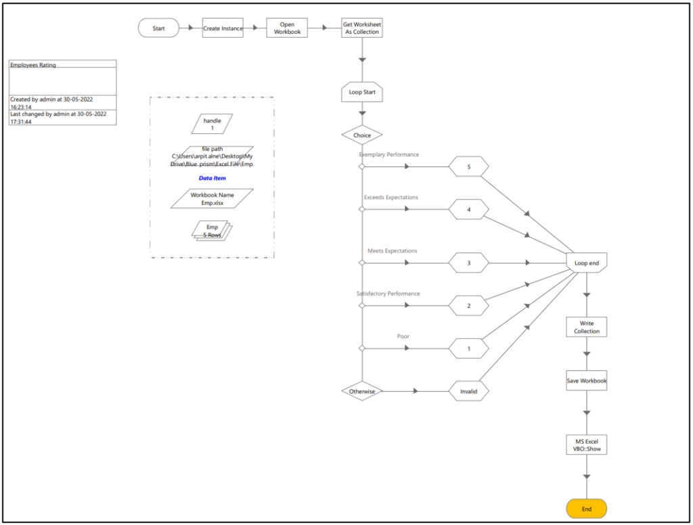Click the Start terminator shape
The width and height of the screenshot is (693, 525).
(x=158, y=28)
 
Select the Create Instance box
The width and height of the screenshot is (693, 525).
(x=223, y=28)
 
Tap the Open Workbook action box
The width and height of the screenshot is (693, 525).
(x=287, y=28)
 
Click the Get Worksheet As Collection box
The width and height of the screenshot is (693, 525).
(x=362, y=28)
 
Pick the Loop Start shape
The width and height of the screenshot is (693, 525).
(x=362, y=92)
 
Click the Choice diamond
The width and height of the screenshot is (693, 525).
(x=362, y=135)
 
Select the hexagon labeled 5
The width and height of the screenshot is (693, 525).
(x=468, y=166)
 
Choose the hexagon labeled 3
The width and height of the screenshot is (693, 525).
(x=468, y=262)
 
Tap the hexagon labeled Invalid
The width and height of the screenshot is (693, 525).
(x=468, y=391)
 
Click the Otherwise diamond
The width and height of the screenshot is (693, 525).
(x=362, y=391)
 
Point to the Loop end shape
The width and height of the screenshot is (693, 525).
(x=586, y=262)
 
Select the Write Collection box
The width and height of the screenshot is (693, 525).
(x=586, y=327)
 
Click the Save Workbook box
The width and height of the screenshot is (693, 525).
(x=586, y=380)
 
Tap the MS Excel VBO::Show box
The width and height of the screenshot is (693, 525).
(x=586, y=444)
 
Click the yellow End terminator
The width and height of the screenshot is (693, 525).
(x=586, y=509)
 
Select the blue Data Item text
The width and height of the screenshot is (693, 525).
(x=212, y=179)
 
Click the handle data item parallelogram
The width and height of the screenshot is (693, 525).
(x=212, y=124)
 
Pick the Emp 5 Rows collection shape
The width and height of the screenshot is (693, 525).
(x=212, y=231)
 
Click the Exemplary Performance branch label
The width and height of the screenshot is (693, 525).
(x=389, y=155)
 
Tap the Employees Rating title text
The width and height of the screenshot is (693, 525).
(x=33, y=65)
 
